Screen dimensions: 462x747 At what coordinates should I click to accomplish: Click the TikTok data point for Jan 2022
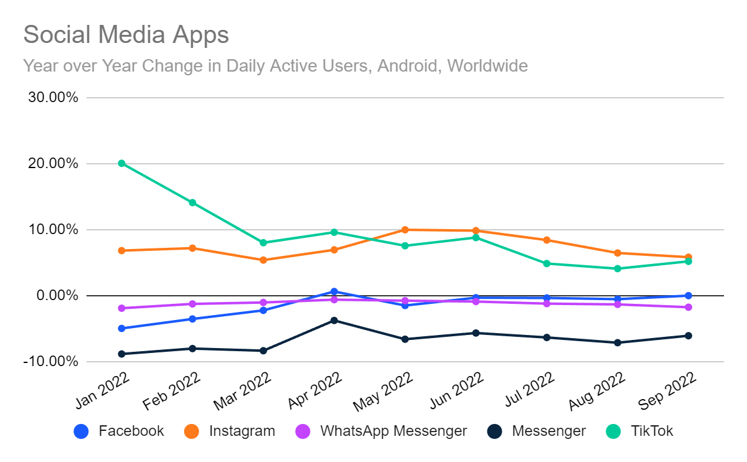(122, 164)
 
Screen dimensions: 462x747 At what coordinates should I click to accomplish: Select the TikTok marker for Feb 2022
(192, 202)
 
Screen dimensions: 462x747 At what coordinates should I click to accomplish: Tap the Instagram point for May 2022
(405, 230)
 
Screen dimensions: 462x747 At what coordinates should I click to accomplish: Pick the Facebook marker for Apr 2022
(334, 291)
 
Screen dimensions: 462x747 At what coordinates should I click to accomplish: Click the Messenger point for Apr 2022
(334, 320)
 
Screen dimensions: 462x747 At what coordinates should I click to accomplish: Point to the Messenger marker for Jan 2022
(122, 354)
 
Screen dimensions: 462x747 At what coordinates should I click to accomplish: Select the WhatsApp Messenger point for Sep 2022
(688, 307)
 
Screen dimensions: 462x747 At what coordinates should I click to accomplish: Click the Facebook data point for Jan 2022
(122, 328)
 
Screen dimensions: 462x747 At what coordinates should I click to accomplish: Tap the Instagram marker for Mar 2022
(263, 260)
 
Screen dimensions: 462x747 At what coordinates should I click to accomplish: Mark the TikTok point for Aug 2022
(618, 268)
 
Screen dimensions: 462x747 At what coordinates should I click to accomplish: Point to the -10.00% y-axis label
(51, 361)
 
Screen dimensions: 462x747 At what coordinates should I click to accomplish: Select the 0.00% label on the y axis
(56, 295)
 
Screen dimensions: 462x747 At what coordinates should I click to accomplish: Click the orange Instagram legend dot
(192, 431)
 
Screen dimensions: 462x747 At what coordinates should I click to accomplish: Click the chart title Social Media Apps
(126, 35)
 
